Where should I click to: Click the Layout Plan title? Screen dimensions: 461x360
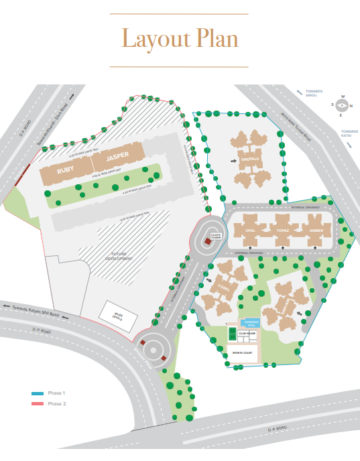click(180, 39)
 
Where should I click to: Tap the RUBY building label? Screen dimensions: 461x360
click(66, 170)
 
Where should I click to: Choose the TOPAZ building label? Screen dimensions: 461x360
click(282, 230)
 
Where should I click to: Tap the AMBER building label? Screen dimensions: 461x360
click(316, 230)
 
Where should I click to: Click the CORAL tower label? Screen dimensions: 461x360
click(223, 287)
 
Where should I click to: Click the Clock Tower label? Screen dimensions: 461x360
click(216, 236)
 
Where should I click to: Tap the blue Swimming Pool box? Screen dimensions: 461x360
click(251, 323)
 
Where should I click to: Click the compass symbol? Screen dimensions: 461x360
click(342, 105)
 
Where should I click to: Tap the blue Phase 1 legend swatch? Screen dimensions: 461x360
click(38, 393)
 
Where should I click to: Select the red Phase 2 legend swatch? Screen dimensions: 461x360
click(38, 403)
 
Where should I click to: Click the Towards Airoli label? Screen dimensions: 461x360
click(313, 93)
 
